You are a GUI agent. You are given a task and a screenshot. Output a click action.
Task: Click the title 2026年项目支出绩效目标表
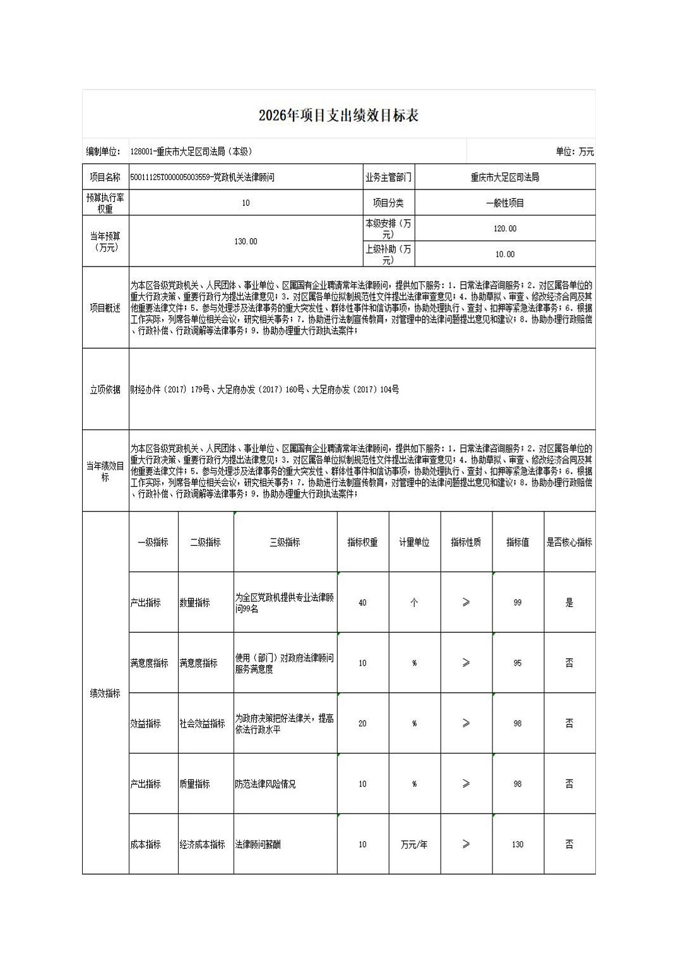click(338, 116)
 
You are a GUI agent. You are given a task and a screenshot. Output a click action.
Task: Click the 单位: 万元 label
click(574, 152)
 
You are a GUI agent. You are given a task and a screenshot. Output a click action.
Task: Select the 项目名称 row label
click(105, 177)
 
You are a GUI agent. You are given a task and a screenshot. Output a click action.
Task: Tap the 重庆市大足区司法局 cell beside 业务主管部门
click(504, 177)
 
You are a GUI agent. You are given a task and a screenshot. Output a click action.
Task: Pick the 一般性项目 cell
click(504, 203)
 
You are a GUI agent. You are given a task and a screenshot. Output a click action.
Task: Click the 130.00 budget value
click(246, 241)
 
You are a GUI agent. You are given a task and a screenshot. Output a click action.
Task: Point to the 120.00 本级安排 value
click(504, 229)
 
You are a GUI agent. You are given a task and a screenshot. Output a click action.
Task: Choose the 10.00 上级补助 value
click(504, 254)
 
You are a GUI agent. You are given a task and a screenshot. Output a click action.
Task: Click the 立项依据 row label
click(105, 390)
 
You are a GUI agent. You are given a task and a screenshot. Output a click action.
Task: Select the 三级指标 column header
click(285, 542)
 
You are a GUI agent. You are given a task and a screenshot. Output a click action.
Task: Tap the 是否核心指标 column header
click(569, 542)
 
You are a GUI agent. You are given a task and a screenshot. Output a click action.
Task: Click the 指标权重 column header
click(362, 542)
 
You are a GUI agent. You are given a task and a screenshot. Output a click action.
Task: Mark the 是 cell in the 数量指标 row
click(569, 603)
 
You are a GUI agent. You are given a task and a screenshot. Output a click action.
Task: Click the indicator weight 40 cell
click(362, 603)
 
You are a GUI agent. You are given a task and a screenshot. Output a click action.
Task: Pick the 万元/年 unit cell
click(414, 844)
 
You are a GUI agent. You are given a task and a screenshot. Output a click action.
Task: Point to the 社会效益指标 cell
click(202, 723)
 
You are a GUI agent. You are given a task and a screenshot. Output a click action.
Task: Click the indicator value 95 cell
click(518, 663)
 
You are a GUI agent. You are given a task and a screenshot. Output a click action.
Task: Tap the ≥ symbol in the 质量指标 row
click(466, 784)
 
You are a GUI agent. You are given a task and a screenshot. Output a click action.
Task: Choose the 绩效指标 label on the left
click(105, 693)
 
